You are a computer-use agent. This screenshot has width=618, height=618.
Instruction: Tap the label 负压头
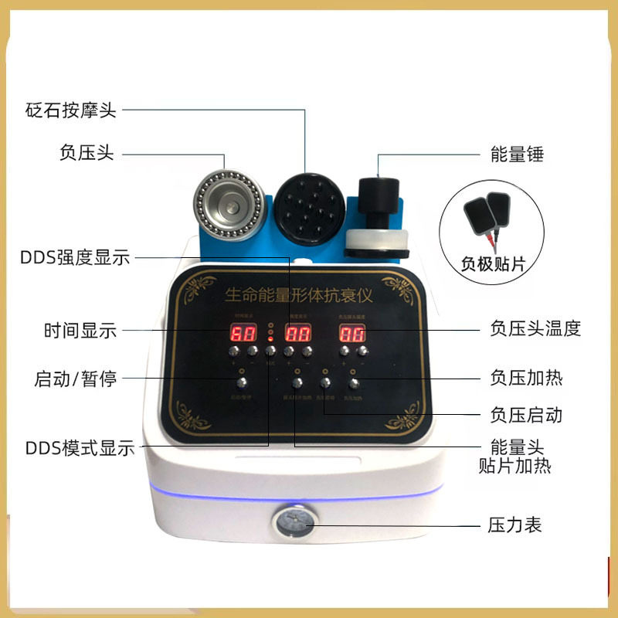point(87,152)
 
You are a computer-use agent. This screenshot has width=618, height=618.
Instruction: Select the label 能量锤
point(518,154)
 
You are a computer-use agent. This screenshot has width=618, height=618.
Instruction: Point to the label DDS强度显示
point(75,258)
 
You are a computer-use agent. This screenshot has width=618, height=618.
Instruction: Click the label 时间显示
point(80,331)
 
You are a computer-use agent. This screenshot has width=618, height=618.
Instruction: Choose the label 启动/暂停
point(76,379)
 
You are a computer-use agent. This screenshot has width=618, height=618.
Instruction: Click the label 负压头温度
point(535,328)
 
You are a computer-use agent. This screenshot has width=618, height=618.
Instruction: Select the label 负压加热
point(526,379)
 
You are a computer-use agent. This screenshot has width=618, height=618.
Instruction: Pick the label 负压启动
point(526,415)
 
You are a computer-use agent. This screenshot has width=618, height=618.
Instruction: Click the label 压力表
point(515,525)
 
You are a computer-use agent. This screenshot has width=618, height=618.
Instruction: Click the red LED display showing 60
point(246,334)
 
